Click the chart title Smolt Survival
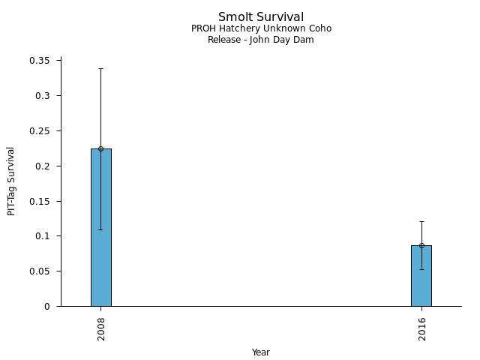tap(261, 17)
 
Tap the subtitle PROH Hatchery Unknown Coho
tap(261, 28)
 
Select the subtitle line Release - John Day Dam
tap(261, 40)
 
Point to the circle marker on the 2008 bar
tap(101, 148)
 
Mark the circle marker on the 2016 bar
tap(421, 245)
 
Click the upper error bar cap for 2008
tap(101, 68)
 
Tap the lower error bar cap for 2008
tap(101, 229)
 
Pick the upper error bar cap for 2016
tap(421, 221)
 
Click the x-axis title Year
tap(261, 352)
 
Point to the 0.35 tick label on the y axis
tap(40, 61)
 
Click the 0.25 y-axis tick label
tap(40, 131)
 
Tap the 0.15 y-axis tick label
tap(40, 201)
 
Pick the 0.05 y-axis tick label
tap(40, 271)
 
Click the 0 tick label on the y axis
tap(46, 306)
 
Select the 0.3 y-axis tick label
tap(43, 96)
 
